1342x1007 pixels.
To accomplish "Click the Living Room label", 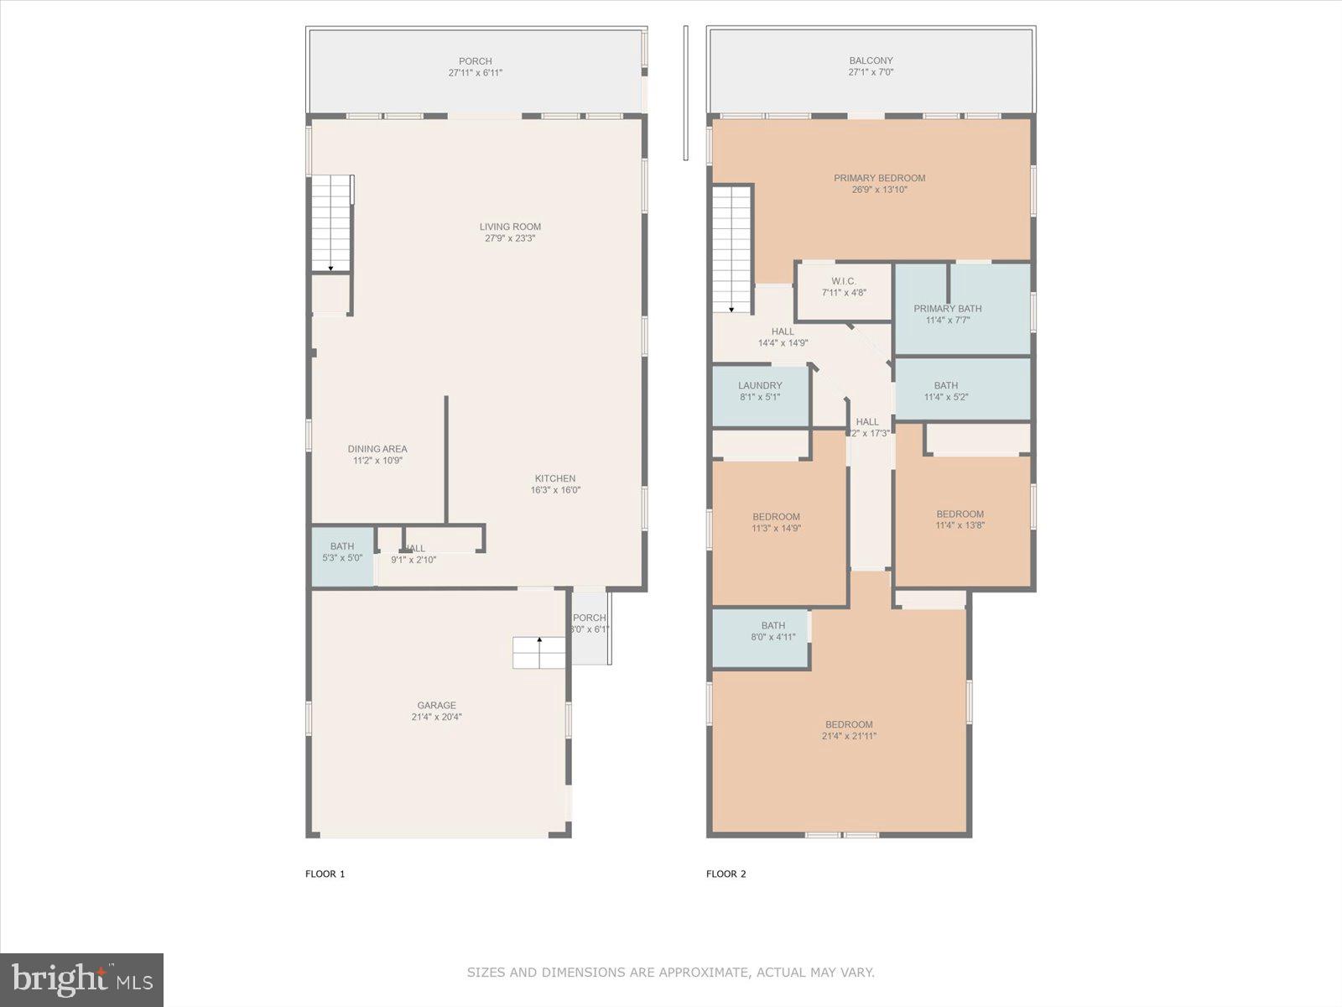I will (510, 227).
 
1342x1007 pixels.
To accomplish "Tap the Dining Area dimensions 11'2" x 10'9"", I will (377, 461).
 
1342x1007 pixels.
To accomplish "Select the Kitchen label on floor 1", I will (555, 478).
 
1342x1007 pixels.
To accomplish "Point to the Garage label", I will (436, 706).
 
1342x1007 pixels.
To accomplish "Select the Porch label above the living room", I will (475, 61).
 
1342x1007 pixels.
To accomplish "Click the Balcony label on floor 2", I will (871, 60).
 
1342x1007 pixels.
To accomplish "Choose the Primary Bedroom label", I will (879, 178).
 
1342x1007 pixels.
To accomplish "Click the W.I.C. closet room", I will (843, 287).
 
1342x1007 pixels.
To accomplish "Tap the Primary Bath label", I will (947, 309).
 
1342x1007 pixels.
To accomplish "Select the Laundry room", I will (760, 391).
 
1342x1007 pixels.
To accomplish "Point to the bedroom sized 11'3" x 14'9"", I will (776, 522).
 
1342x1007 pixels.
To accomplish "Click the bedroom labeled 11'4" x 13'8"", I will (960, 519).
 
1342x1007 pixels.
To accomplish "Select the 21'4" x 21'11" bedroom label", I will (849, 725).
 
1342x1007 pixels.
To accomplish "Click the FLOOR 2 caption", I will (726, 874).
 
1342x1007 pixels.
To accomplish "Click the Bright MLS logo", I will (82, 979).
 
